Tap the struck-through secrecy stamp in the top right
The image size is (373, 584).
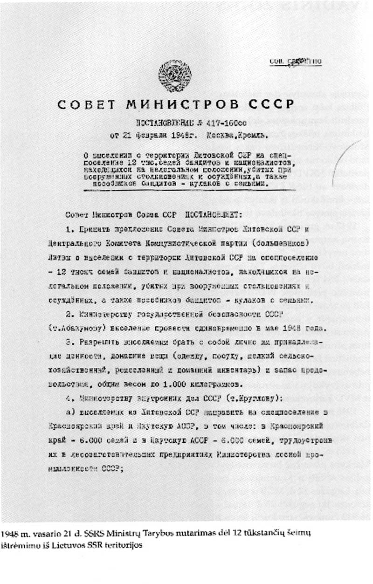tap(295, 62)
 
